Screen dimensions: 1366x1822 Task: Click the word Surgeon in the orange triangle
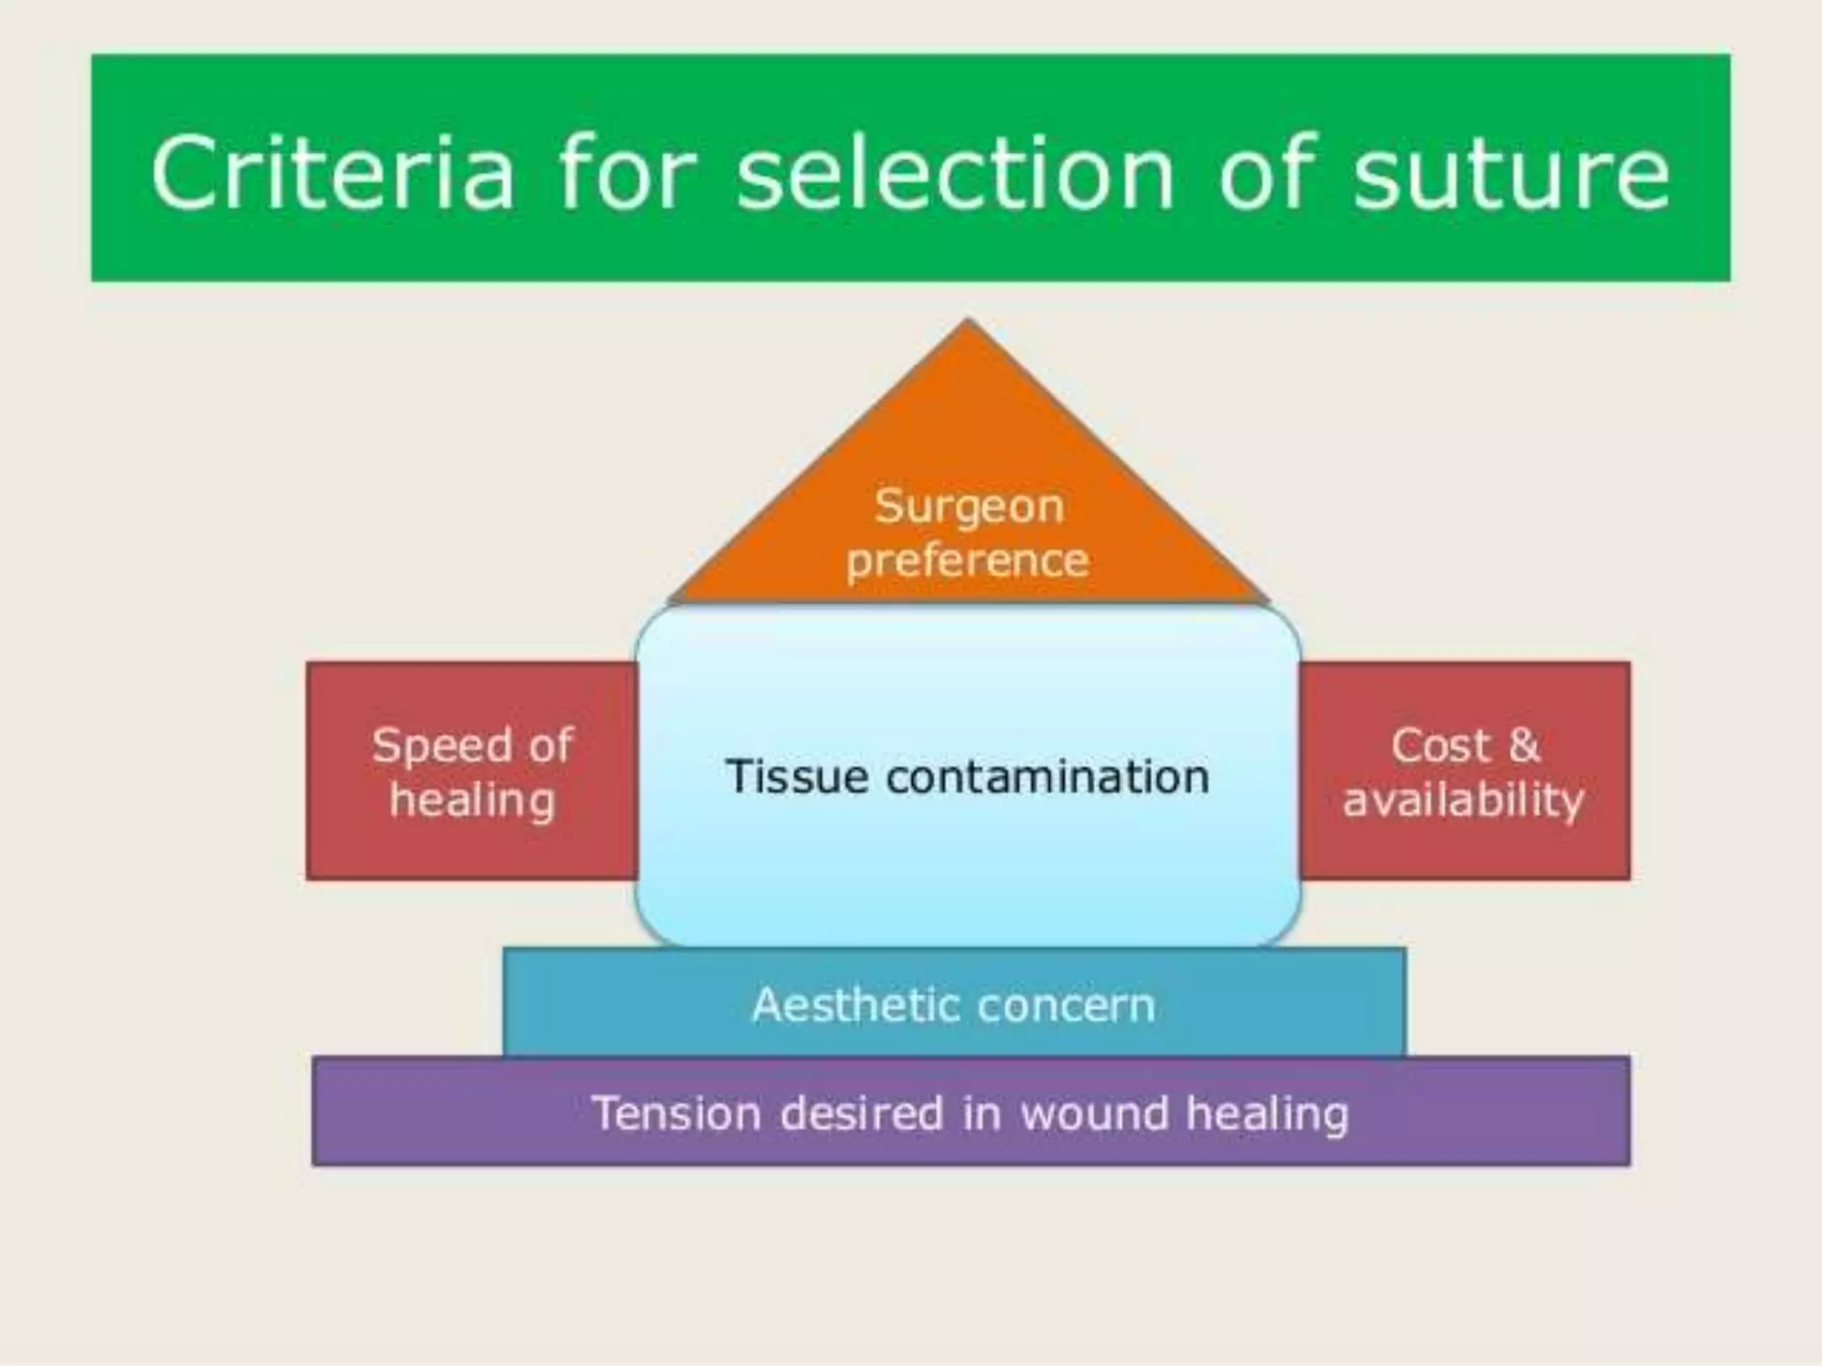click(x=968, y=507)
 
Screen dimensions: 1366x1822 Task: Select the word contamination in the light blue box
click(x=1048, y=776)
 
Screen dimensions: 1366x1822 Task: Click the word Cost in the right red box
click(x=1439, y=745)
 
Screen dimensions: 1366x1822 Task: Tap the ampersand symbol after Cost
click(x=1524, y=745)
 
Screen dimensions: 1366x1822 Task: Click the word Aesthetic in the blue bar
click(x=842, y=1005)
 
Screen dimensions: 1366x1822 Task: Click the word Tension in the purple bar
click(x=676, y=1113)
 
